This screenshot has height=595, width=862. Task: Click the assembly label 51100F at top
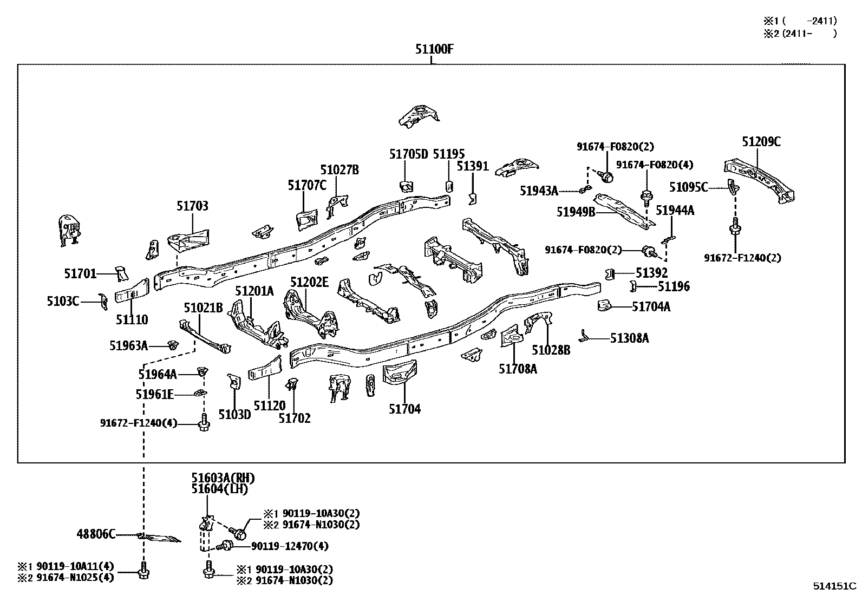click(434, 49)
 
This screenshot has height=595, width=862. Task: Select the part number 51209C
click(761, 142)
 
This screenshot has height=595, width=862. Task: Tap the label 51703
click(192, 206)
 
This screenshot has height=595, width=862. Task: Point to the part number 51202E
click(309, 282)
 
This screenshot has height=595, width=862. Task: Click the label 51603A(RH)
click(223, 478)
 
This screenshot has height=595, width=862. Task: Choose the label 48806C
click(96, 535)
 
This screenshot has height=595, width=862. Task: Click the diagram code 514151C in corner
click(834, 586)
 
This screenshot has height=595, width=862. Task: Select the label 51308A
click(629, 338)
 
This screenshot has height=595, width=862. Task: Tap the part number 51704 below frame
click(404, 409)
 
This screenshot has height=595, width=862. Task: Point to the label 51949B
click(576, 212)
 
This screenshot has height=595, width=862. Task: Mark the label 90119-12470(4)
click(290, 546)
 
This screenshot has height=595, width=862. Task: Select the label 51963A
click(128, 345)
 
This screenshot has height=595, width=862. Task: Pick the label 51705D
click(408, 154)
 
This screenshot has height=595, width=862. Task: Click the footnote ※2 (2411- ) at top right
click(800, 33)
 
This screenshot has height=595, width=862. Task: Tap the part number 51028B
click(551, 350)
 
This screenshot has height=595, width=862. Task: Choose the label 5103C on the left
click(63, 300)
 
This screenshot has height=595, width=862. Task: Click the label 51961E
click(154, 394)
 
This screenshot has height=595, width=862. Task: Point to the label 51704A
click(651, 307)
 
